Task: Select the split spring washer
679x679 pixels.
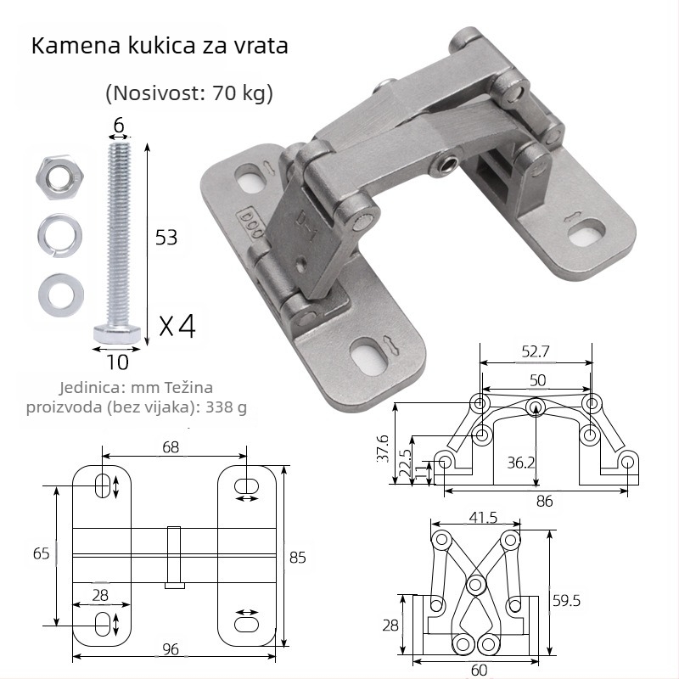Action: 59,236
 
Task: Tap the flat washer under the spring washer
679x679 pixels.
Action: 60,295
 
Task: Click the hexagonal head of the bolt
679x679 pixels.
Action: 117,333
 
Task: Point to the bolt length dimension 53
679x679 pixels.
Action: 166,238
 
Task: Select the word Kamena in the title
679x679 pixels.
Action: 76,46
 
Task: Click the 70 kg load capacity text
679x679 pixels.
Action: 238,93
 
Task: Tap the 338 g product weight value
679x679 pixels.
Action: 226,407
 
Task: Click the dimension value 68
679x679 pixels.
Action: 171,447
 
